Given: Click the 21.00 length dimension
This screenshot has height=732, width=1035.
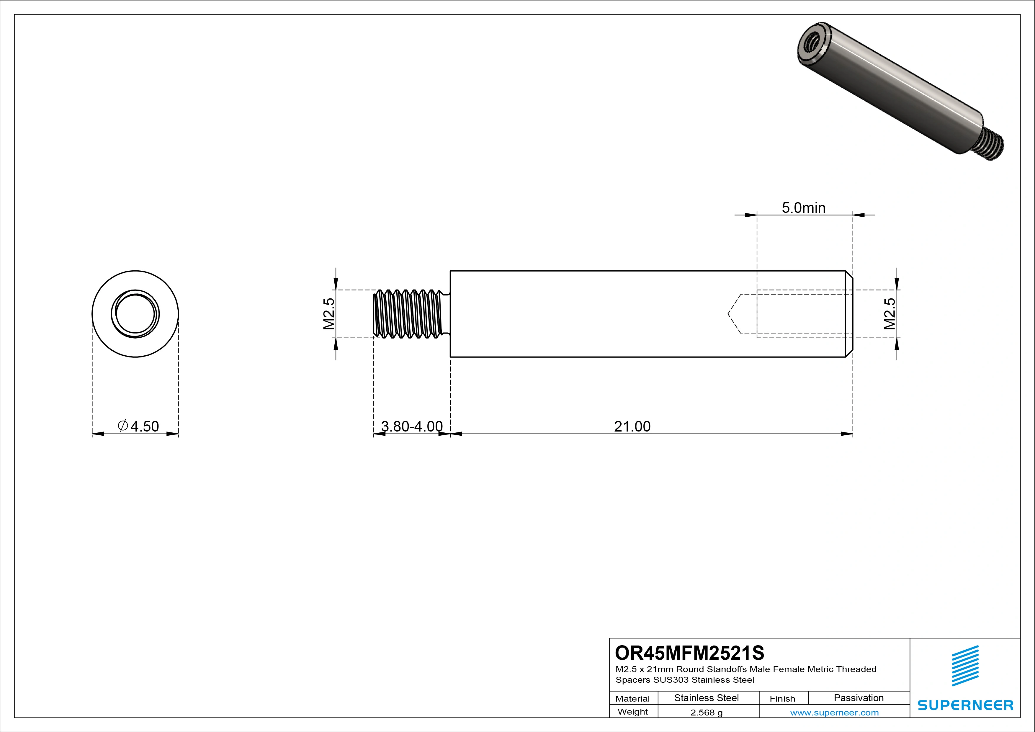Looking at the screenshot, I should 632,427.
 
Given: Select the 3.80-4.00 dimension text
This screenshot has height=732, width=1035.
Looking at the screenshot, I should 412,427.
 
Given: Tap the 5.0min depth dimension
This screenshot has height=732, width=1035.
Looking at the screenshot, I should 803,208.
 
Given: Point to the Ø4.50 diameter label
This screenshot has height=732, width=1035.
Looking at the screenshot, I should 138,427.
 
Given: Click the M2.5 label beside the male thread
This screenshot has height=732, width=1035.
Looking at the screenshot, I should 329,314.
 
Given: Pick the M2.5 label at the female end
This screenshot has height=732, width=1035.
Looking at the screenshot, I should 890,314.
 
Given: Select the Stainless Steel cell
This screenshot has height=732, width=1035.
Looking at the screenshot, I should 706,698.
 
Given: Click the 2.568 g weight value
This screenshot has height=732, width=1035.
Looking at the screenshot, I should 706,713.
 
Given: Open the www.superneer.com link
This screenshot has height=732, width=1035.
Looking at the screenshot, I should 834,713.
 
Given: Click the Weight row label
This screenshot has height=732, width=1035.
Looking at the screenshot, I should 632,712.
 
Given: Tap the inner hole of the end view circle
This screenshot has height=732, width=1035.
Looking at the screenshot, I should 135,314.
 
